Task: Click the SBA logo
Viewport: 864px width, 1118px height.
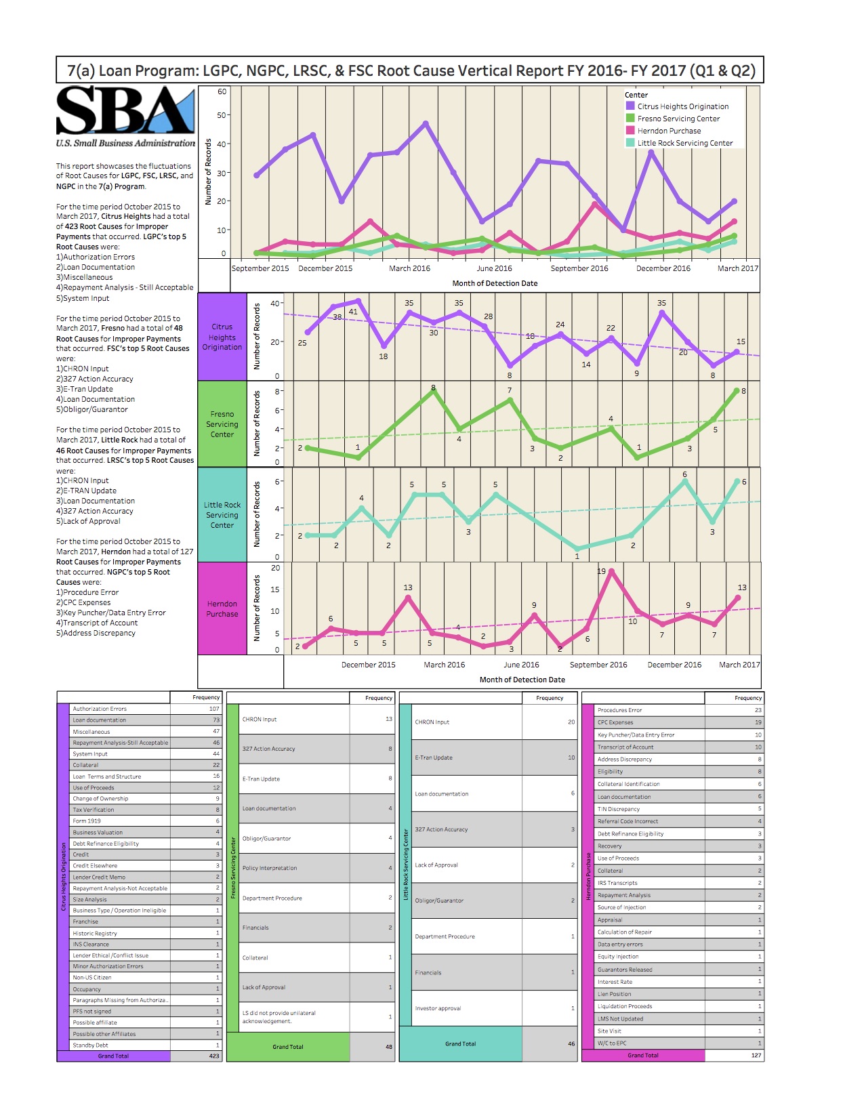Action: [125, 112]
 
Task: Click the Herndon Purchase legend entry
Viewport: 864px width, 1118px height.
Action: [668, 131]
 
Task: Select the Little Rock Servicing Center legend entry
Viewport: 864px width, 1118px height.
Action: [684, 143]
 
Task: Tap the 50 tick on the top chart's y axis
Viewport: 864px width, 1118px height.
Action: [222, 115]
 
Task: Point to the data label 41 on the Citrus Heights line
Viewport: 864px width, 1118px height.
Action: [353, 312]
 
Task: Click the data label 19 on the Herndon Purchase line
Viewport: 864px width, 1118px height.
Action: [601, 571]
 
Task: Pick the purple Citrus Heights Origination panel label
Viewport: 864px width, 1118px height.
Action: [222, 337]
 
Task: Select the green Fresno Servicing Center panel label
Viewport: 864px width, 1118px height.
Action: [222, 424]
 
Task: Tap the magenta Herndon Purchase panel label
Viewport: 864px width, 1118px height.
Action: [222, 608]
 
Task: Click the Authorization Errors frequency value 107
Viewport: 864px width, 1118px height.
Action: [214, 709]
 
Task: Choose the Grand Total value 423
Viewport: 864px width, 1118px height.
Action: [214, 1056]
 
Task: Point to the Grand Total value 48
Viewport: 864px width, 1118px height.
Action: [389, 1047]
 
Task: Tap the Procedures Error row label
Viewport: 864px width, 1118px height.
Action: [619, 710]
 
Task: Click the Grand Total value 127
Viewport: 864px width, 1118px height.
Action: [756, 1055]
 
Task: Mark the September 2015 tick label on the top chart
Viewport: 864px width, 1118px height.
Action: [260, 268]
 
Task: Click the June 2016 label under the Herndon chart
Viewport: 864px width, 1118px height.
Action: [521, 665]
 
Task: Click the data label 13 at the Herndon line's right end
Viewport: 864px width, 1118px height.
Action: [742, 587]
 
